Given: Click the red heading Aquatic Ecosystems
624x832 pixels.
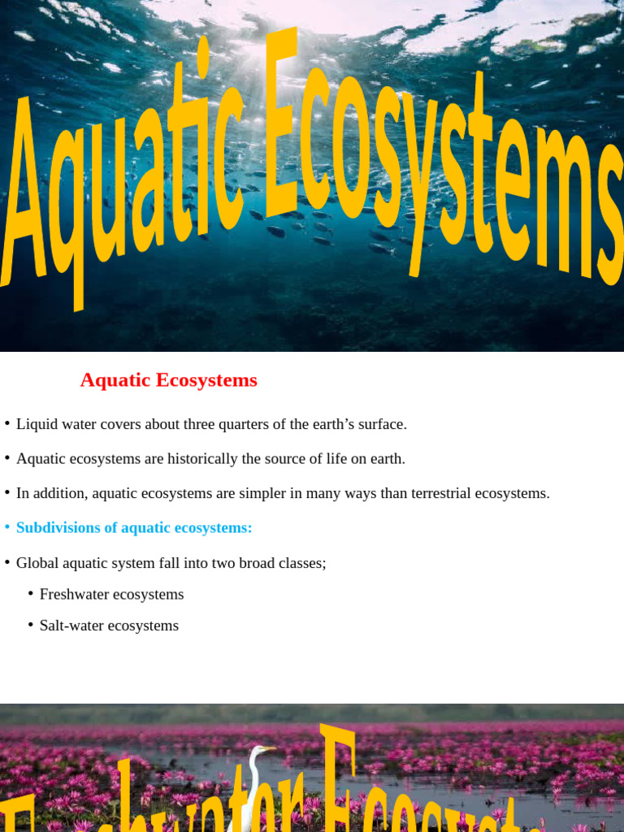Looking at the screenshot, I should coord(168,380).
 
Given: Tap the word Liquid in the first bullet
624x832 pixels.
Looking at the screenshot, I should coord(37,424).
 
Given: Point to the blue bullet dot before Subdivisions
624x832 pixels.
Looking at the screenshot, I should coord(6,527).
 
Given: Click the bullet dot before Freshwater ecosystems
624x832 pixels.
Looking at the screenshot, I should coord(30,594).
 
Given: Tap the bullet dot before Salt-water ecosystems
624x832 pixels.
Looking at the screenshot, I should coord(30,626).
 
